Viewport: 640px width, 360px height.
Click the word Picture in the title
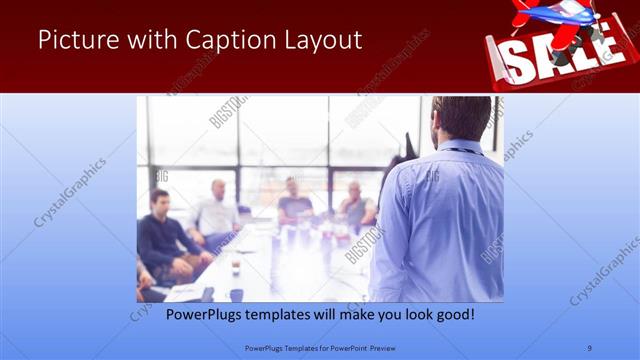coord(77,41)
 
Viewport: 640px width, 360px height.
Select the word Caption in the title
coord(226,41)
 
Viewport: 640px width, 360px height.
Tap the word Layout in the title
coord(321,41)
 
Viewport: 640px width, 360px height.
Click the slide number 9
coord(590,348)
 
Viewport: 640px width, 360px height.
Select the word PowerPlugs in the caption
coord(196,313)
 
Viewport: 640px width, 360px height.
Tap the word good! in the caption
coord(452,313)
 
